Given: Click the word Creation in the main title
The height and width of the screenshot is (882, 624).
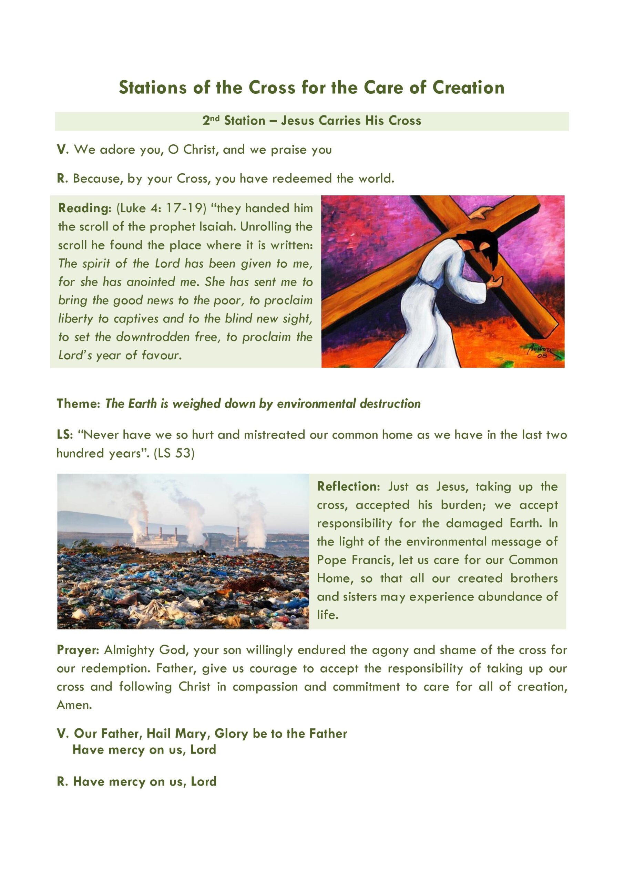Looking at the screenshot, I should tap(468, 88).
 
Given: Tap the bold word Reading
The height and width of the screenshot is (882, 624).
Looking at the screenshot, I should tap(84, 208).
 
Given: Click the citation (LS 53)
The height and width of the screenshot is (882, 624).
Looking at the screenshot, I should tap(174, 453).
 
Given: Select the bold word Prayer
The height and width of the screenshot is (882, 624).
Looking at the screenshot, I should tap(78, 650).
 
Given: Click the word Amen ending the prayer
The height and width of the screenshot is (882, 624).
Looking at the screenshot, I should tap(73, 705).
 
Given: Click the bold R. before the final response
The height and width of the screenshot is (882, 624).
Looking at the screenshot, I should tap(62, 781).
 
